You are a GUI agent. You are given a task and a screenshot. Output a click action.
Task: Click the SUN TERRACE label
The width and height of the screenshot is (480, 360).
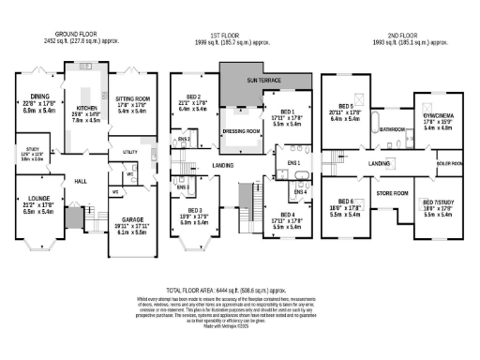(x=264, y=82)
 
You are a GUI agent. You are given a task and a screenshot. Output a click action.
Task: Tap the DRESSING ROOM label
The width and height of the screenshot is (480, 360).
(x=239, y=131)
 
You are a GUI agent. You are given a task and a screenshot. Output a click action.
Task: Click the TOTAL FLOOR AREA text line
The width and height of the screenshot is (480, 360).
(x=239, y=292)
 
